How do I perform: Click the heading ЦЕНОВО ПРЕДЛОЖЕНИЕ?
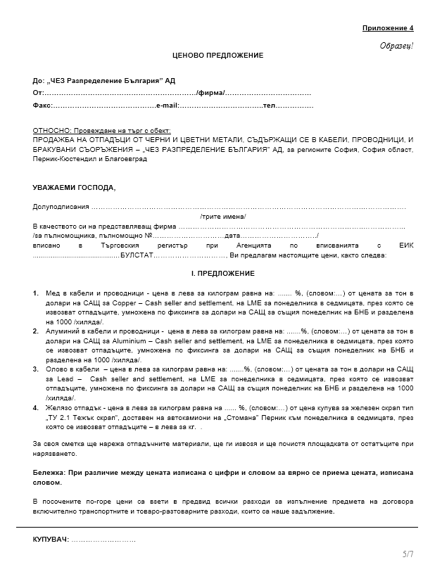(217, 55)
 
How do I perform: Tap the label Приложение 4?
(388, 28)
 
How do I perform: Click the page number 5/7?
(408, 554)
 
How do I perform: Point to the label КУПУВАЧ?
(51, 539)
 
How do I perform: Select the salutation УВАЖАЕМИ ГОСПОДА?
(74, 188)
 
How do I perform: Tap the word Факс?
(42, 105)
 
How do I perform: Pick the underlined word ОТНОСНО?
(52, 132)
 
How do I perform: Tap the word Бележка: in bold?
(51, 473)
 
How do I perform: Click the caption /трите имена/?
(220, 217)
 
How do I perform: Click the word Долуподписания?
(61, 207)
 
